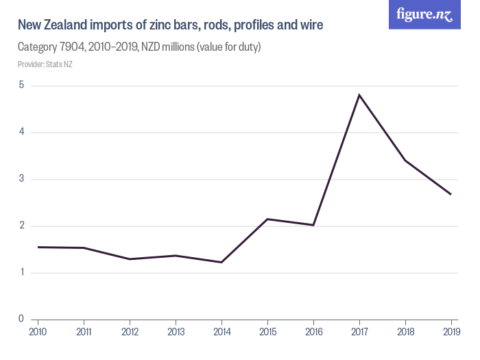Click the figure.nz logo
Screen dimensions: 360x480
coord(424,15)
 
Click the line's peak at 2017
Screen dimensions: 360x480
coord(359,95)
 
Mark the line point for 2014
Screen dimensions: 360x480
coord(221,262)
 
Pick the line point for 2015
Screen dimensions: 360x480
coord(267,219)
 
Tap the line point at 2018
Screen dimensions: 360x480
coord(405,160)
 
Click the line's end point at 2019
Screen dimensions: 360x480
coord(451,194)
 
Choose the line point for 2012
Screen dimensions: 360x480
coord(130,259)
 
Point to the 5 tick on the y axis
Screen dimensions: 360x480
coord(21,86)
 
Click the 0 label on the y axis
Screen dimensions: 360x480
coord(21,319)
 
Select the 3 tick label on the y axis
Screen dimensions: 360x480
coord(21,179)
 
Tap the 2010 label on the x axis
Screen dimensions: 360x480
coord(38,333)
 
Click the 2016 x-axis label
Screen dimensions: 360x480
coord(313,333)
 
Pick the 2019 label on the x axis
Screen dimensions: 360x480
coord(451,333)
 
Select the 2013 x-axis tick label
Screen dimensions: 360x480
coord(176,333)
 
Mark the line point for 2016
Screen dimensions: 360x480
coord(313,225)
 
